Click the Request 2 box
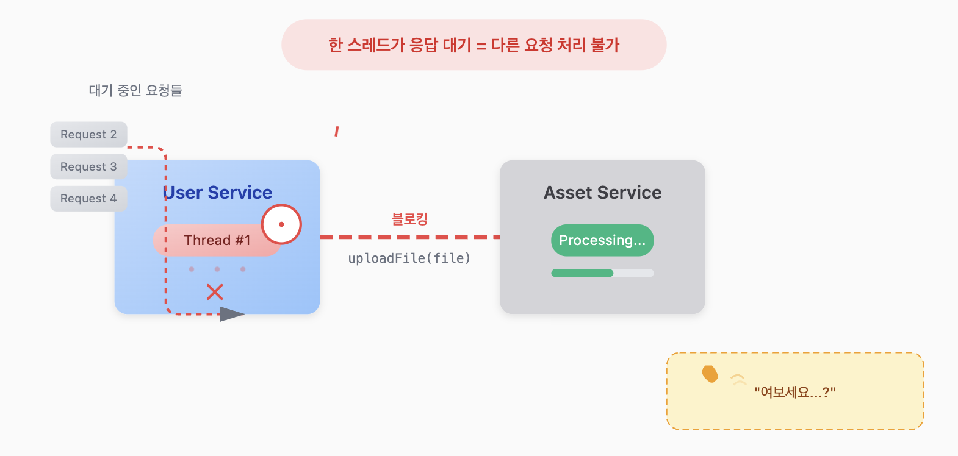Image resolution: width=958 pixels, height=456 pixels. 88,135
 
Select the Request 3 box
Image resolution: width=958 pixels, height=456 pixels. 88,167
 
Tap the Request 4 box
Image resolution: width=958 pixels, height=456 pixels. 88,199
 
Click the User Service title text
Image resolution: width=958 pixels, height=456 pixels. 218,193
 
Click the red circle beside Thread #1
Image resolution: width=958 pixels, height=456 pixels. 281,224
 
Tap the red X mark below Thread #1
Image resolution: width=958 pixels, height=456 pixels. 215,292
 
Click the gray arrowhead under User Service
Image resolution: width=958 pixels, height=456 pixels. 231,314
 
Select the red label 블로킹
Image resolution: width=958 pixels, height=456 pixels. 409,219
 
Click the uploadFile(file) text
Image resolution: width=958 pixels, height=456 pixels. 409,258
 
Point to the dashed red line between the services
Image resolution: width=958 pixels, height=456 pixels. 409,237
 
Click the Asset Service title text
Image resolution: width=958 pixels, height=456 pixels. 603,193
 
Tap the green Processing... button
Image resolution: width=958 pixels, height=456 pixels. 602,240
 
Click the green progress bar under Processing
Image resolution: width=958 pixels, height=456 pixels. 582,273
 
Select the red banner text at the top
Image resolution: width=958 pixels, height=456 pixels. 474,45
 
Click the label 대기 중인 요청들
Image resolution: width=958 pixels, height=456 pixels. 135,91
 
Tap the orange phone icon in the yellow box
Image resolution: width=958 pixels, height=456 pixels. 710,374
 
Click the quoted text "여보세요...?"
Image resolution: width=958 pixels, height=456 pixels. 794,392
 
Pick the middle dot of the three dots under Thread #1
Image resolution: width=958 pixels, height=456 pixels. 217,269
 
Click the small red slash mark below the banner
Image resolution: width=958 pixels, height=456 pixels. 336,131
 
